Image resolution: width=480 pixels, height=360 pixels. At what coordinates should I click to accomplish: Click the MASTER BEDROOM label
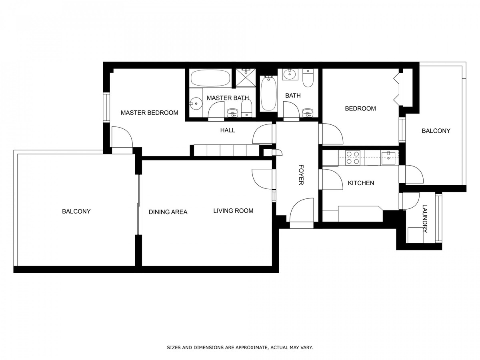click(x=149, y=113)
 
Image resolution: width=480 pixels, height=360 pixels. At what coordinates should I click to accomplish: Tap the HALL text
click(x=228, y=130)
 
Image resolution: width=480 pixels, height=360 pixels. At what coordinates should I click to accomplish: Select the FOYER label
click(x=301, y=175)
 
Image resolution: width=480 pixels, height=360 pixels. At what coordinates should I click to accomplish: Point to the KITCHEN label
click(x=361, y=183)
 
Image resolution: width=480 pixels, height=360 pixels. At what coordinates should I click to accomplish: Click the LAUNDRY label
click(x=425, y=218)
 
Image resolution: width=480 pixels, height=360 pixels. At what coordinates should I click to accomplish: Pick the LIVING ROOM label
click(x=233, y=211)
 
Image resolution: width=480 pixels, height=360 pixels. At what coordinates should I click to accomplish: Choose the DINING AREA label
click(x=168, y=212)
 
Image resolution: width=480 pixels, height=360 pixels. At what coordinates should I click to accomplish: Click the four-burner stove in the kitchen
click(x=352, y=158)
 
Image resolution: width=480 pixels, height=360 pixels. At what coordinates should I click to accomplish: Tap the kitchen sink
click(x=388, y=158)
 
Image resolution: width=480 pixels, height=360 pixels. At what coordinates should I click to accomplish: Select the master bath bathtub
click(x=210, y=78)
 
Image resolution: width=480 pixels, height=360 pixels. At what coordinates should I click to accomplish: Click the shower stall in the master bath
click(x=246, y=78)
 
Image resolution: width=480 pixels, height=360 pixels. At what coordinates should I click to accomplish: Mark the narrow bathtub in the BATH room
click(x=268, y=93)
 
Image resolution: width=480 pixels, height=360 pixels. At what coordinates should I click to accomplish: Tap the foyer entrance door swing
click(x=302, y=210)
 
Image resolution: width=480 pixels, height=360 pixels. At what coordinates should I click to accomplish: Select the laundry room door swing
click(x=411, y=201)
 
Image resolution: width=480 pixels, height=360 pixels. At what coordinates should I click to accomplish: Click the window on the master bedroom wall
click(x=106, y=108)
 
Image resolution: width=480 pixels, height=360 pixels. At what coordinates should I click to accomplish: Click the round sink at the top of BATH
click(x=290, y=74)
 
